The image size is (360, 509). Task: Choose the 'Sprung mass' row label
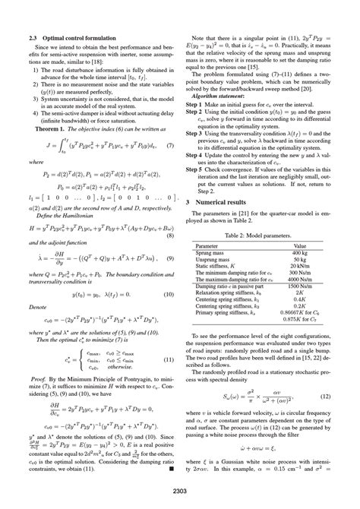(x=212, y=254)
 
